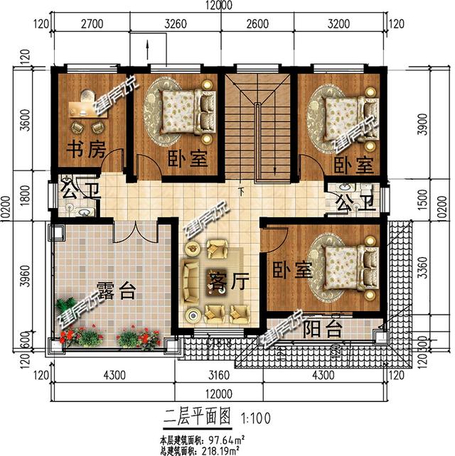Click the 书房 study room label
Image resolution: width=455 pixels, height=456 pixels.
pos(86,150)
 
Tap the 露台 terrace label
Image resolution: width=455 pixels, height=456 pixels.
pos(114,290)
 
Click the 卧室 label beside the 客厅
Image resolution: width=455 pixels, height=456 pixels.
pos(291,270)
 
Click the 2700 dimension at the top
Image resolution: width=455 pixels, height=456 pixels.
pos(91,23)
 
